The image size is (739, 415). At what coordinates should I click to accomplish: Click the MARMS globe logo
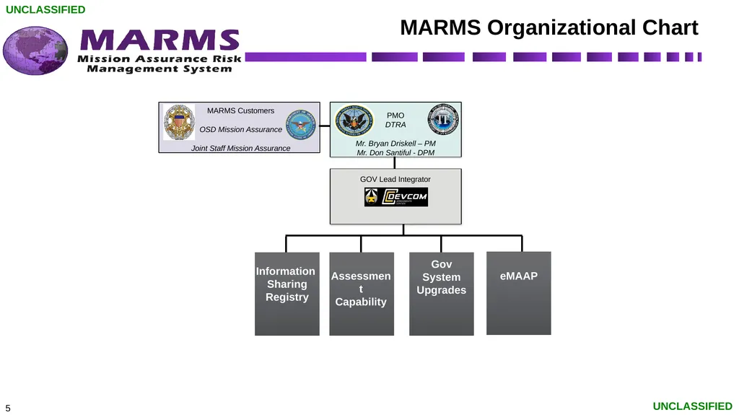pos(35,51)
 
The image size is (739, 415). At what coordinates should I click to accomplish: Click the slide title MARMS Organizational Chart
pos(549,27)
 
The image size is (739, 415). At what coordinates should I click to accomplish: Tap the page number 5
pos(7,408)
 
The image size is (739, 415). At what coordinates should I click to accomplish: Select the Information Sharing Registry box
pos(287,294)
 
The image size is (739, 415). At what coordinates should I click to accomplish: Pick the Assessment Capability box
pos(362,294)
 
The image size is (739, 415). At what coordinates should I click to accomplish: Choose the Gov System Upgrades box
pos(442,294)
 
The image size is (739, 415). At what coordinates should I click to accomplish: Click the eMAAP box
pos(519,293)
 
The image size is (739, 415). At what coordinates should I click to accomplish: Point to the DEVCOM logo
pos(396,197)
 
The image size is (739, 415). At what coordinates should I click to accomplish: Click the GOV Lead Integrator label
pos(395,179)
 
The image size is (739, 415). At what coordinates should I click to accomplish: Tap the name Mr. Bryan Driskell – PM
pos(395,144)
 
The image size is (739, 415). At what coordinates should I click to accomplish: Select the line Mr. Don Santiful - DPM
pos(395,153)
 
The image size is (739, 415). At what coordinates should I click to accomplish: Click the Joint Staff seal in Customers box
pos(179,122)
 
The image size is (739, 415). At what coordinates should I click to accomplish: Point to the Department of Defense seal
pos(301,124)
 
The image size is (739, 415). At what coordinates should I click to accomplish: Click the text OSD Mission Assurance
pos(240,129)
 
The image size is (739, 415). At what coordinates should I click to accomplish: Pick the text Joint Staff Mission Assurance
pos(240,148)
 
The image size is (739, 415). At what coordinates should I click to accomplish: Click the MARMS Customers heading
pos(240,111)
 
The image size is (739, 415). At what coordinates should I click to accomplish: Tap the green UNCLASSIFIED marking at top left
pos(45,9)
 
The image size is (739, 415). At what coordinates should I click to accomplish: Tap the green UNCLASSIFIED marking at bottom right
pos(692,406)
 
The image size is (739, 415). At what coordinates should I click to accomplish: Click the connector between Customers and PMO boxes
pos(325,126)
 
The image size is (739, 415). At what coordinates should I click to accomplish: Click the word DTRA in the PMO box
pos(395,124)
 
